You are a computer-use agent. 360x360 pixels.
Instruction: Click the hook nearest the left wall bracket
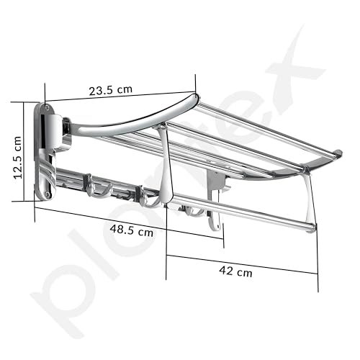[x=96, y=189]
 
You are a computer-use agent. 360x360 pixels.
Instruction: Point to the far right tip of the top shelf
[x=338, y=153]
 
